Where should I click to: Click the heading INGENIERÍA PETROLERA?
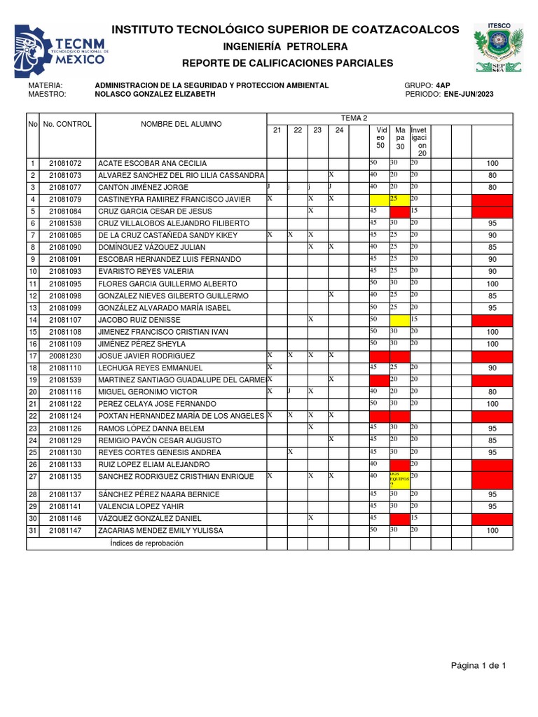(285, 46)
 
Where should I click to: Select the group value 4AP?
(443, 85)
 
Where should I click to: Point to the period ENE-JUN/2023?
(474, 94)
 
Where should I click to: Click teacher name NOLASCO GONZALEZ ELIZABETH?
(155, 94)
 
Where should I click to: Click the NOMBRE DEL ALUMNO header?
(181, 124)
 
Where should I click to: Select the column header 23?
(317, 130)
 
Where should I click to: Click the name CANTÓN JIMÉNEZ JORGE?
(144, 188)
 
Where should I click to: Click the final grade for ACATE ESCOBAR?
(492, 163)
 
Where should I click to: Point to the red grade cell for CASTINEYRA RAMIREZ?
(492, 200)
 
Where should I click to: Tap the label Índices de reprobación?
(146, 543)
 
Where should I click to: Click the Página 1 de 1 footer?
(478, 665)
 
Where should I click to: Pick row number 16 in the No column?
(32, 344)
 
